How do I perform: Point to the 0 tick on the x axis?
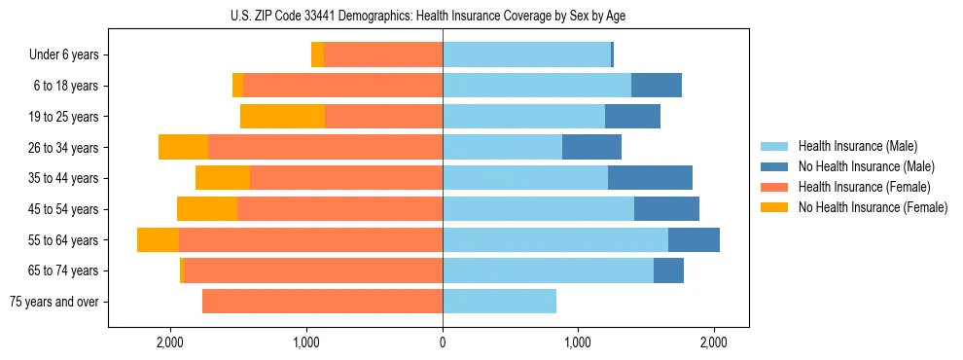click(x=443, y=342)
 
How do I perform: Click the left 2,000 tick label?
click(x=170, y=342)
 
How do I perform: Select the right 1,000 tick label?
click(x=578, y=342)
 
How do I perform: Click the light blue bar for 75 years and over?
click(x=499, y=302)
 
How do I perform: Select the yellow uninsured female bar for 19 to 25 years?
click(x=282, y=117)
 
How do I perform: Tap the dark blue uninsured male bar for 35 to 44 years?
click(x=650, y=178)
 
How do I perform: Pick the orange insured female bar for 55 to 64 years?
click(x=310, y=240)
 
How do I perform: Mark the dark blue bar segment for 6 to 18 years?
click(x=657, y=86)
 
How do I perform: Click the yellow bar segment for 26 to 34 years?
click(x=183, y=148)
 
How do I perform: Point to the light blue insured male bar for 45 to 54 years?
click(x=538, y=209)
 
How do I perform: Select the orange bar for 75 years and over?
click(x=322, y=302)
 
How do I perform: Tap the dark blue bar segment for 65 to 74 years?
click(x=668, y=270)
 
